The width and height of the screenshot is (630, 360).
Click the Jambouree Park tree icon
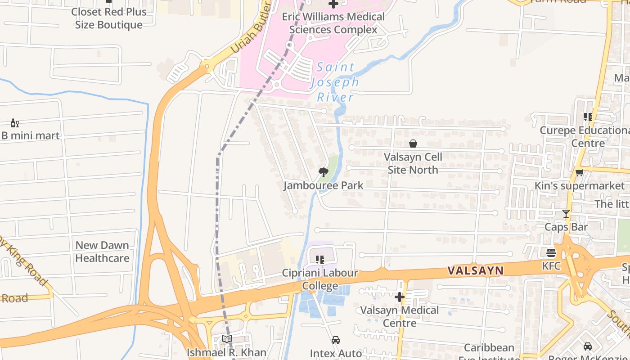(x=323, y=172)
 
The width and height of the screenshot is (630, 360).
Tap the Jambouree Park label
(x=323, y=185)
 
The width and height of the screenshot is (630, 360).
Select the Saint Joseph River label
(x=335, y=82)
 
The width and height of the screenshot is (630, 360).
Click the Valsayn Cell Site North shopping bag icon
(x=413, y=144)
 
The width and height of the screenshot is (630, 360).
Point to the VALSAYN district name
(x=475, y=270)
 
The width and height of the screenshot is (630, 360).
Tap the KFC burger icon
(x=551, y=252)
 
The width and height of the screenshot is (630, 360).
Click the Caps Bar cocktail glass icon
(x=566, y=213)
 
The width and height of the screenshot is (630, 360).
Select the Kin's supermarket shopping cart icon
(x=579, y=172)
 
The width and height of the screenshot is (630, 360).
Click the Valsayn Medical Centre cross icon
(x=400, y=297)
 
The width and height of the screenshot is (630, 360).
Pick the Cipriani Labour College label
(x=320, y=279)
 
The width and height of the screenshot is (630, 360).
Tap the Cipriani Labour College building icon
(x=320, y=259)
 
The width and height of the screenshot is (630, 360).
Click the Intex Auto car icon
(x=336, y=340)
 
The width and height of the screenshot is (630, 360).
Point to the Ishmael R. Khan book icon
(x=227, y=339)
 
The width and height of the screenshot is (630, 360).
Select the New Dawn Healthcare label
(x=102, y=252)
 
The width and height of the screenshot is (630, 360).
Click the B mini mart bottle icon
(x=14, y=123)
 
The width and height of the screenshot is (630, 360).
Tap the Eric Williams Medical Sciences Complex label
(x=333, y=23)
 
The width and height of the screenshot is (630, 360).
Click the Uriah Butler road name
(x=251, y=28)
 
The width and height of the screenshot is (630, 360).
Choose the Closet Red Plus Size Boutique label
(x=109, y=18)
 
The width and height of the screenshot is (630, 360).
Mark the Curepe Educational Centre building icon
(x=588, y=117)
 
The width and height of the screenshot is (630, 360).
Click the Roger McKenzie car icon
(x=587, y=346)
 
